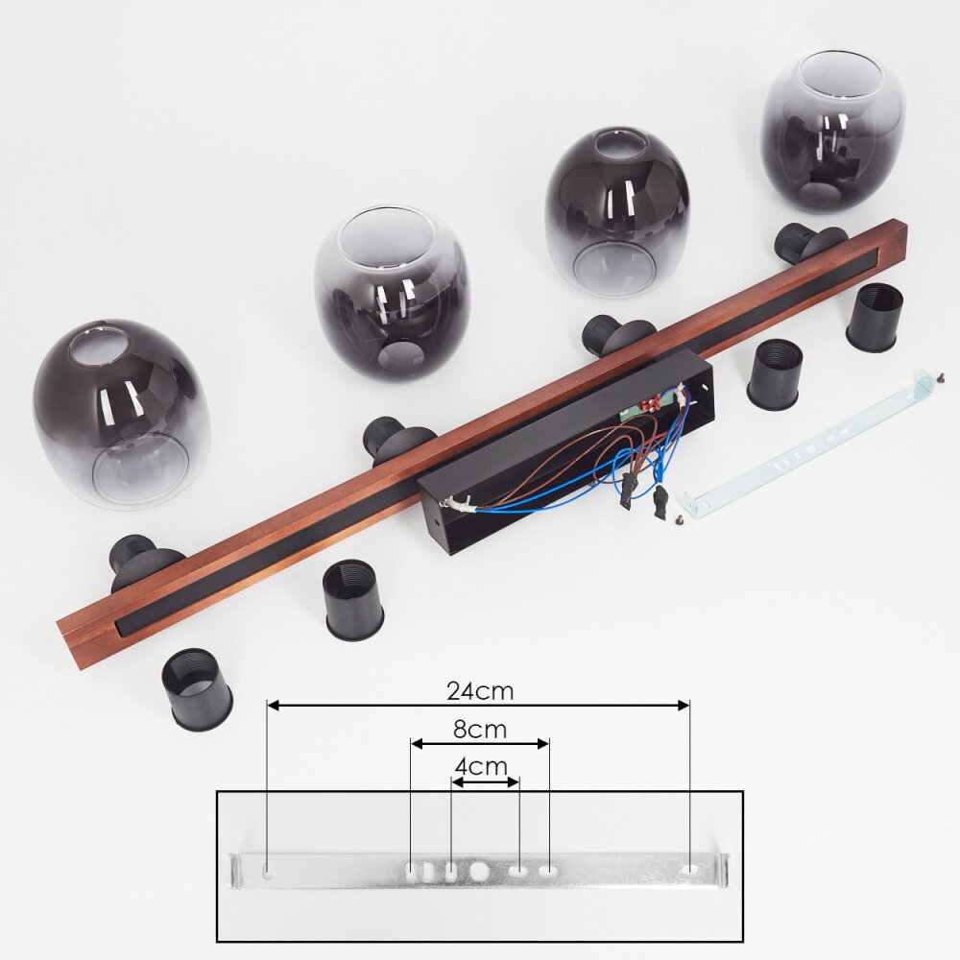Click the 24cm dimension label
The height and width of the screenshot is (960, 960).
pos(480,690)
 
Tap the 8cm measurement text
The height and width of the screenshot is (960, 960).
pos(480,730)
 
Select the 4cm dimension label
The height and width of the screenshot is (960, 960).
pos(481,766)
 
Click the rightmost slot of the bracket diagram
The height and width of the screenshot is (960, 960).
pos(690,869)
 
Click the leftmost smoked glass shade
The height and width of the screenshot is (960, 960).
pos(123,415)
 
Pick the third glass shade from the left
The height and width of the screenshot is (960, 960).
pos(617,212)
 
